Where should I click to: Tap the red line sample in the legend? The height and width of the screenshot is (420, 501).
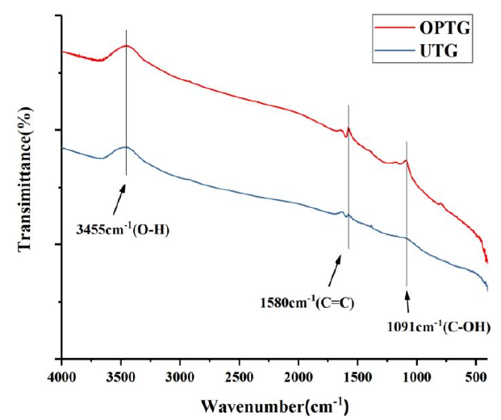(x=394, y=31)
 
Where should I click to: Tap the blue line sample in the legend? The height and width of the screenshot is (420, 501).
(x=394, y=52)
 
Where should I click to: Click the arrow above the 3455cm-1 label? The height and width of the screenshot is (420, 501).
(x=122, y=196)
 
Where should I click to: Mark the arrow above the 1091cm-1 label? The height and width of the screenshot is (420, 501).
(x=407, y=302)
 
